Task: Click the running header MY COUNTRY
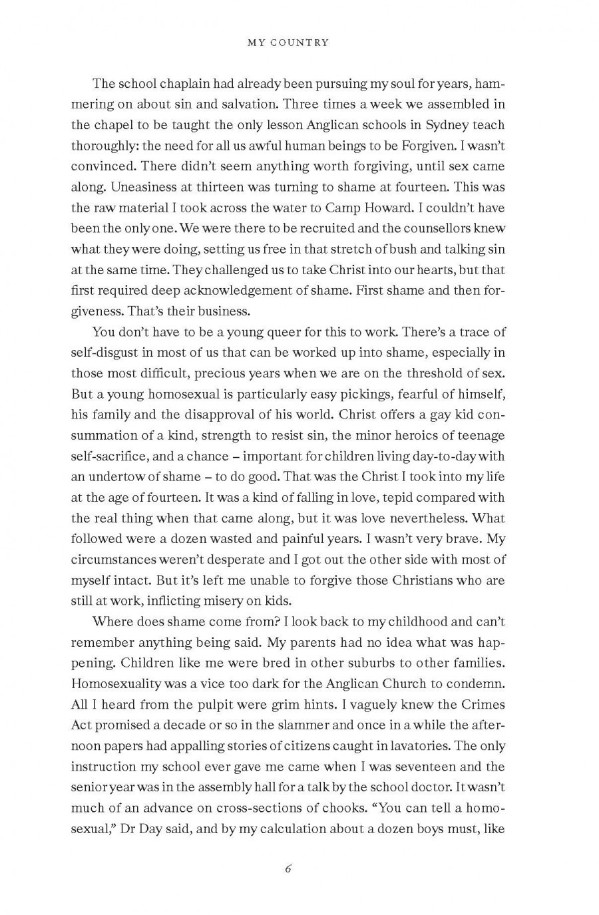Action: click(288, 43)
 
